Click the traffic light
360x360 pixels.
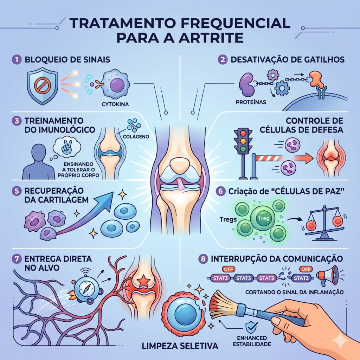pos(243,141)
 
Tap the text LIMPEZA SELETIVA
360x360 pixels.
pos(180,346)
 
